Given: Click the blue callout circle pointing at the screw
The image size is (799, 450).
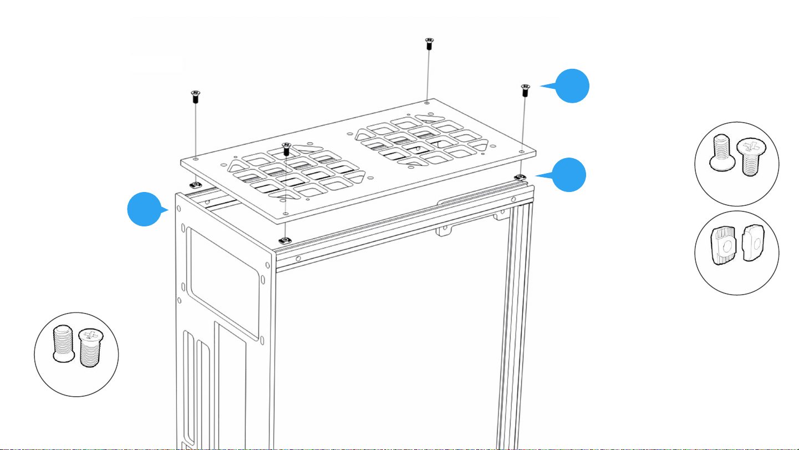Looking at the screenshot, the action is [x=572, y=86].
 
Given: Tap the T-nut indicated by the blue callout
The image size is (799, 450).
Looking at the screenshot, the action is [x=520, y=176].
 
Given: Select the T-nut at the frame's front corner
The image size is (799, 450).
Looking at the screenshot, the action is [x=284, y=240].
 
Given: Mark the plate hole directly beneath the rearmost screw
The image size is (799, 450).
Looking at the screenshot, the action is [x=426, y=103].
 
